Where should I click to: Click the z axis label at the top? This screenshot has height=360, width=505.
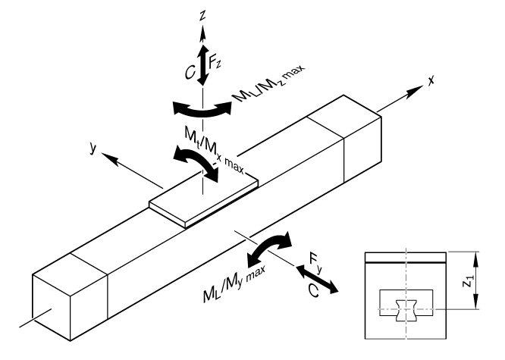[202, 14]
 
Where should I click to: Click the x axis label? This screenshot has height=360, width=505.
[431, 77]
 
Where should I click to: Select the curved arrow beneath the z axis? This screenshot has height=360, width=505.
[202, 108]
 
